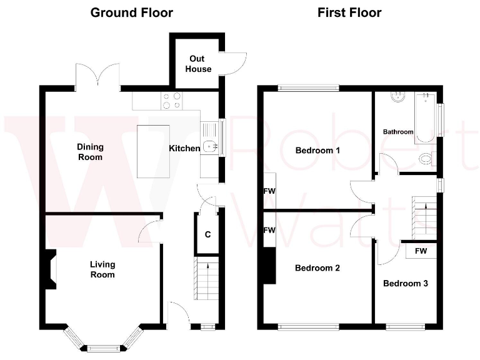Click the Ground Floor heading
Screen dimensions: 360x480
[132, 12]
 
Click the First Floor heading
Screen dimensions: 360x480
[349, 12]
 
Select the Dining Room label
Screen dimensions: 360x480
[91, 152]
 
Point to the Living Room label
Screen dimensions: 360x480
[102, 269]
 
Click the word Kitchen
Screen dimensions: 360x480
[184, 148]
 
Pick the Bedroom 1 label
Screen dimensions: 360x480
[317, 151]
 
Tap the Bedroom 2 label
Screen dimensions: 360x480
[317, 268]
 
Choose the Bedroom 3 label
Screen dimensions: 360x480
[405, 283]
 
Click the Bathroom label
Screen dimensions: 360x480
[398, 132]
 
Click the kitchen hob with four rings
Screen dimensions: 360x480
[172, 100]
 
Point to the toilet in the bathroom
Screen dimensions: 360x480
[427, 159]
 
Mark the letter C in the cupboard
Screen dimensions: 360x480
[207, 236]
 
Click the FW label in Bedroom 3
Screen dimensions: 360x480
[421, 251]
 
